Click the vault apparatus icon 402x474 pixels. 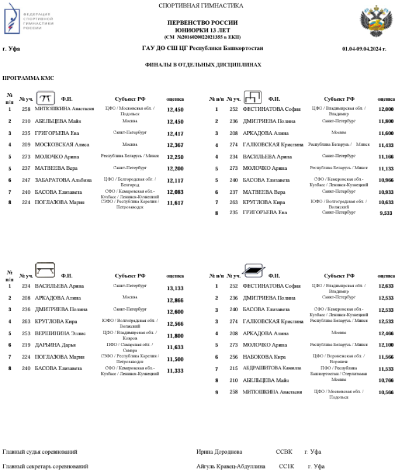46,97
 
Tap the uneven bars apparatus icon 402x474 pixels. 253,97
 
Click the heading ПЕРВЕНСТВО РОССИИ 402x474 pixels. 202,24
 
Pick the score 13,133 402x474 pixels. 175,288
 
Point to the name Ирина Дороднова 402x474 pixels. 219,452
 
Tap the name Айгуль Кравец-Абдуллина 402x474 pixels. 230,466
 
